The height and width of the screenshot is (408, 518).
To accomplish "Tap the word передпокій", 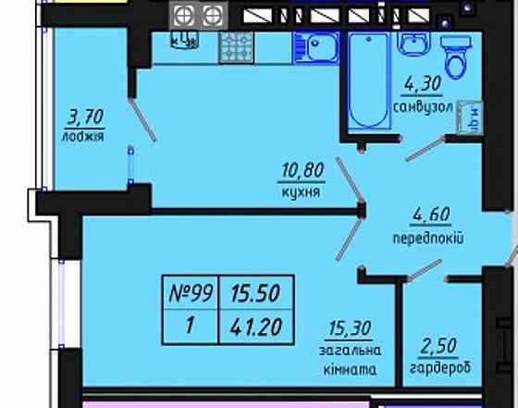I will click(x=426, y=239).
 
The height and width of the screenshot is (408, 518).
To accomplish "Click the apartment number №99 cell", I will click(x=190, y=294).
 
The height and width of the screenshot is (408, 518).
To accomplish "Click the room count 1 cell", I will click(x=190, y=325).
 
